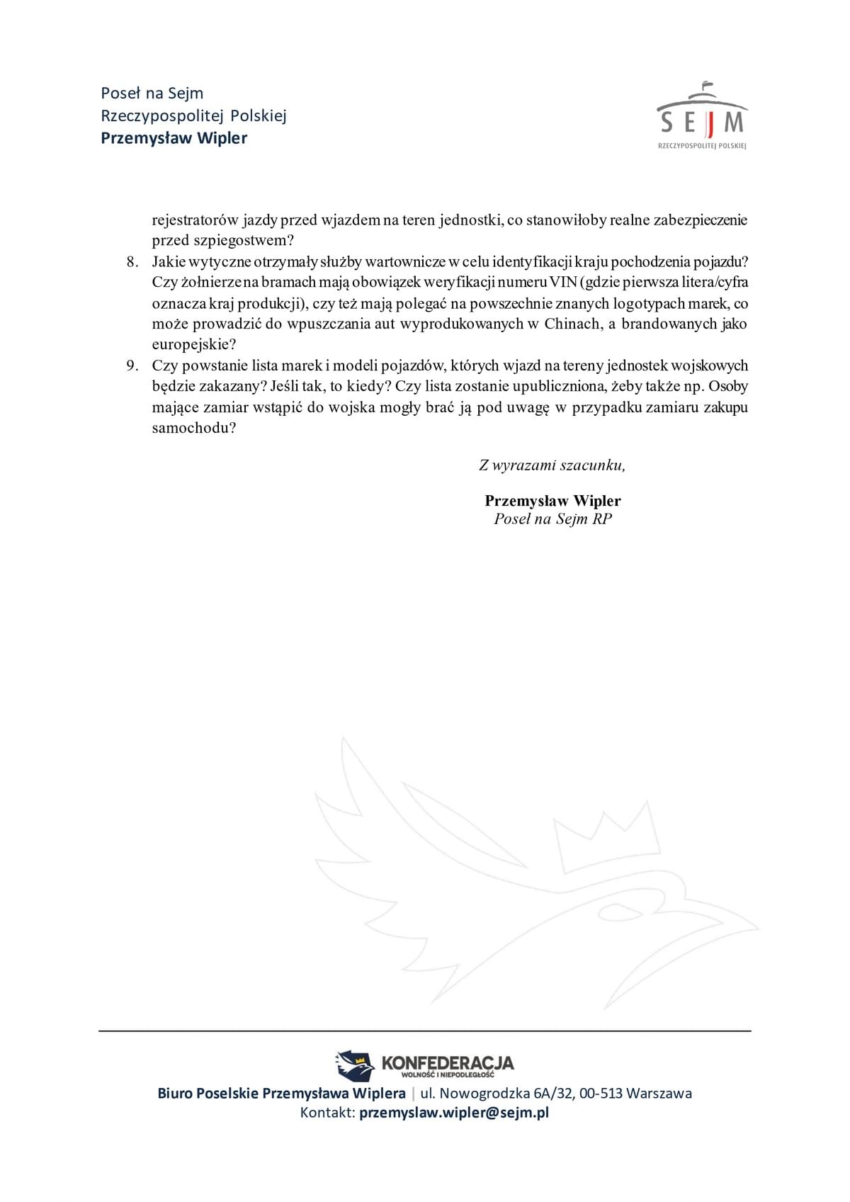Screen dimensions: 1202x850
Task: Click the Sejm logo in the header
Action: tap(702, 117)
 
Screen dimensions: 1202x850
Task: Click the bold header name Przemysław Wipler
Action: tap(174, 138)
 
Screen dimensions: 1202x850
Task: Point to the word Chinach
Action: tap(571, 324)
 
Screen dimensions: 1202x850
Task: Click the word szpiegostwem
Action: tap(242, 240)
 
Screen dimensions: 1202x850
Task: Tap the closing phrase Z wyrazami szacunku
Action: tap(552, 465)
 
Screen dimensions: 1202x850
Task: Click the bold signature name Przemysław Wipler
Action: tap(552, 501)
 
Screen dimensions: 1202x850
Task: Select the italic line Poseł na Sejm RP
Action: tap(552, 519)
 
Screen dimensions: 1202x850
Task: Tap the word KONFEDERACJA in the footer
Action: tap(448, 1062)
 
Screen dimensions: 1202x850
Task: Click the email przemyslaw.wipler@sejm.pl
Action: tap(454, 1112)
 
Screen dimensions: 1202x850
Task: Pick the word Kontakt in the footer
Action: tap(327, 1112)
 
